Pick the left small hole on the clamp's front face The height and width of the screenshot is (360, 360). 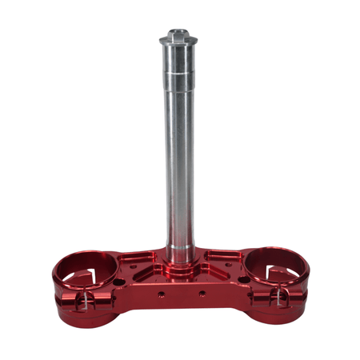point(161,294)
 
